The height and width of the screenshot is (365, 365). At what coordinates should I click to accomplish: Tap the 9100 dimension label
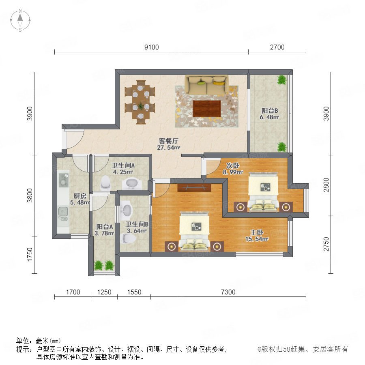pyautogui.click(x=152, y=47)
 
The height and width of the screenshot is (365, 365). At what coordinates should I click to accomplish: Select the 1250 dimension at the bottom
pyautogui.click(x=104, y=292)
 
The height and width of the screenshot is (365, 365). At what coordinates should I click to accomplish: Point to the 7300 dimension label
pyautogui.click(x=228, y=292)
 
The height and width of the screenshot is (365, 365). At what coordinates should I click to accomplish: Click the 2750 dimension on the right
pyautogui.click(x=326, y=244)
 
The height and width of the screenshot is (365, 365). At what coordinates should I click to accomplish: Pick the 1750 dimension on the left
pyautogui.click(x=30, y=254)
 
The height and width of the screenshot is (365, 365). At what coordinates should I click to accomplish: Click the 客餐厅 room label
pyautogui.click(x=169, y=141)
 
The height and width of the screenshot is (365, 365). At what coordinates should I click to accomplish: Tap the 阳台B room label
pyautogui.click(x=270, y=111)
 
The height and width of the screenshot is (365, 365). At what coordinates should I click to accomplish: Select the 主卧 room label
pyautogui.click(x=257, y=232)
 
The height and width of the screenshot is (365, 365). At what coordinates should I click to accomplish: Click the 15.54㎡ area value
pyautogui.click(x=257, y=239)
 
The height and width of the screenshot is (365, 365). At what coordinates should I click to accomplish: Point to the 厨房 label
pyautogui.click(x=80, y=196)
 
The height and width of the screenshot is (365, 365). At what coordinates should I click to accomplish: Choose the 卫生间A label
pyautogui.click(x=123, y=165)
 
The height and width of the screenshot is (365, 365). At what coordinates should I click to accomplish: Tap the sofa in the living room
pyautogui.click(x=207, y=85)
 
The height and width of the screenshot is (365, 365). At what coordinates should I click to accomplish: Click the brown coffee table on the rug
pyautogui.click(x=207, y=108)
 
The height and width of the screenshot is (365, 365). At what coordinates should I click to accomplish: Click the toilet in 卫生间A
pyautogui.click(x=105, y=182)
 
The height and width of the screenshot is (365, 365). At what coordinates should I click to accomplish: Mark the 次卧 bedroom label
pyautogui.click(x=233, y=165)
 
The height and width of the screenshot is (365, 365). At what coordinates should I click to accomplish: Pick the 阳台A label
pyautogui.click(x=105, y=226)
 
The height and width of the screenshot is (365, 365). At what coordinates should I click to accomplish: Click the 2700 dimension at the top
pyautogui.click(x=277, y=47)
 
